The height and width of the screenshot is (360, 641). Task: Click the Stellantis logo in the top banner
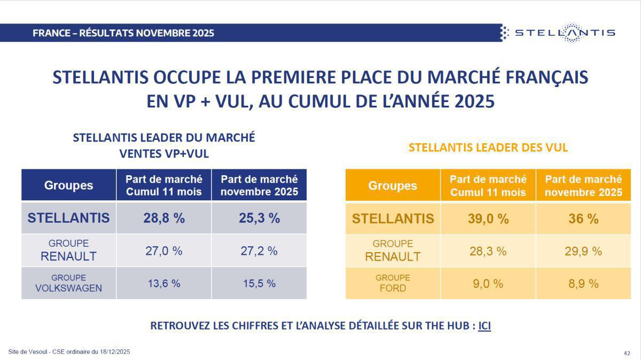[x=558, y=33]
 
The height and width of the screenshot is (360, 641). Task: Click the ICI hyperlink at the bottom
[x=484, y=325]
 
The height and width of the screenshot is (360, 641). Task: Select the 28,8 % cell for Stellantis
[x=164, y=218]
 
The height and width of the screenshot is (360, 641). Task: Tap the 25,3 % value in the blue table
[x=259, y=218]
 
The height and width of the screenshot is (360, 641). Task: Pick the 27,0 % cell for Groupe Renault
[x=164, y=251]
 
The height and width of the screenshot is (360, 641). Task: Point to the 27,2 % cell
[x=259, y=251]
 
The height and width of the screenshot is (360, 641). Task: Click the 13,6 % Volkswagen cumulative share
[x=164, y=283]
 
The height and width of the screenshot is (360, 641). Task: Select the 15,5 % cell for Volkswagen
[x=259, y=283]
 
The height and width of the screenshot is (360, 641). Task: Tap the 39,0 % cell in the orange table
[x=488, y=218]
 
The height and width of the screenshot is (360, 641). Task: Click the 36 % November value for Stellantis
[x=583, y=218]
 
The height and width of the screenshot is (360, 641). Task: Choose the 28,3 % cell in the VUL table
[x=488, y=251]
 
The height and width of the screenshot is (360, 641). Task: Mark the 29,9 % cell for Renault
[x=583, y=251]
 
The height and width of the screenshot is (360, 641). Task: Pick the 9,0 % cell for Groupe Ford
[x=488, y=284]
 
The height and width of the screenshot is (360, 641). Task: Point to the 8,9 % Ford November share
[x=583, y=284]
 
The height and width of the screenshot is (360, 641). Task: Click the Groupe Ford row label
[x=393, y=283]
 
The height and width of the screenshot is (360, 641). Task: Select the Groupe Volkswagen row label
[x=68, y=283]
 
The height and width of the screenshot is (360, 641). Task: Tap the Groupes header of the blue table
[x=68, y=185]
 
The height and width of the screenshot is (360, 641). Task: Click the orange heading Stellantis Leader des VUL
[x=488, y=148]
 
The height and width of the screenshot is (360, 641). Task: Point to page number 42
[x=627, y=353]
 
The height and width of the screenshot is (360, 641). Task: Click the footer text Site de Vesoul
[x=69, y=351]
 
